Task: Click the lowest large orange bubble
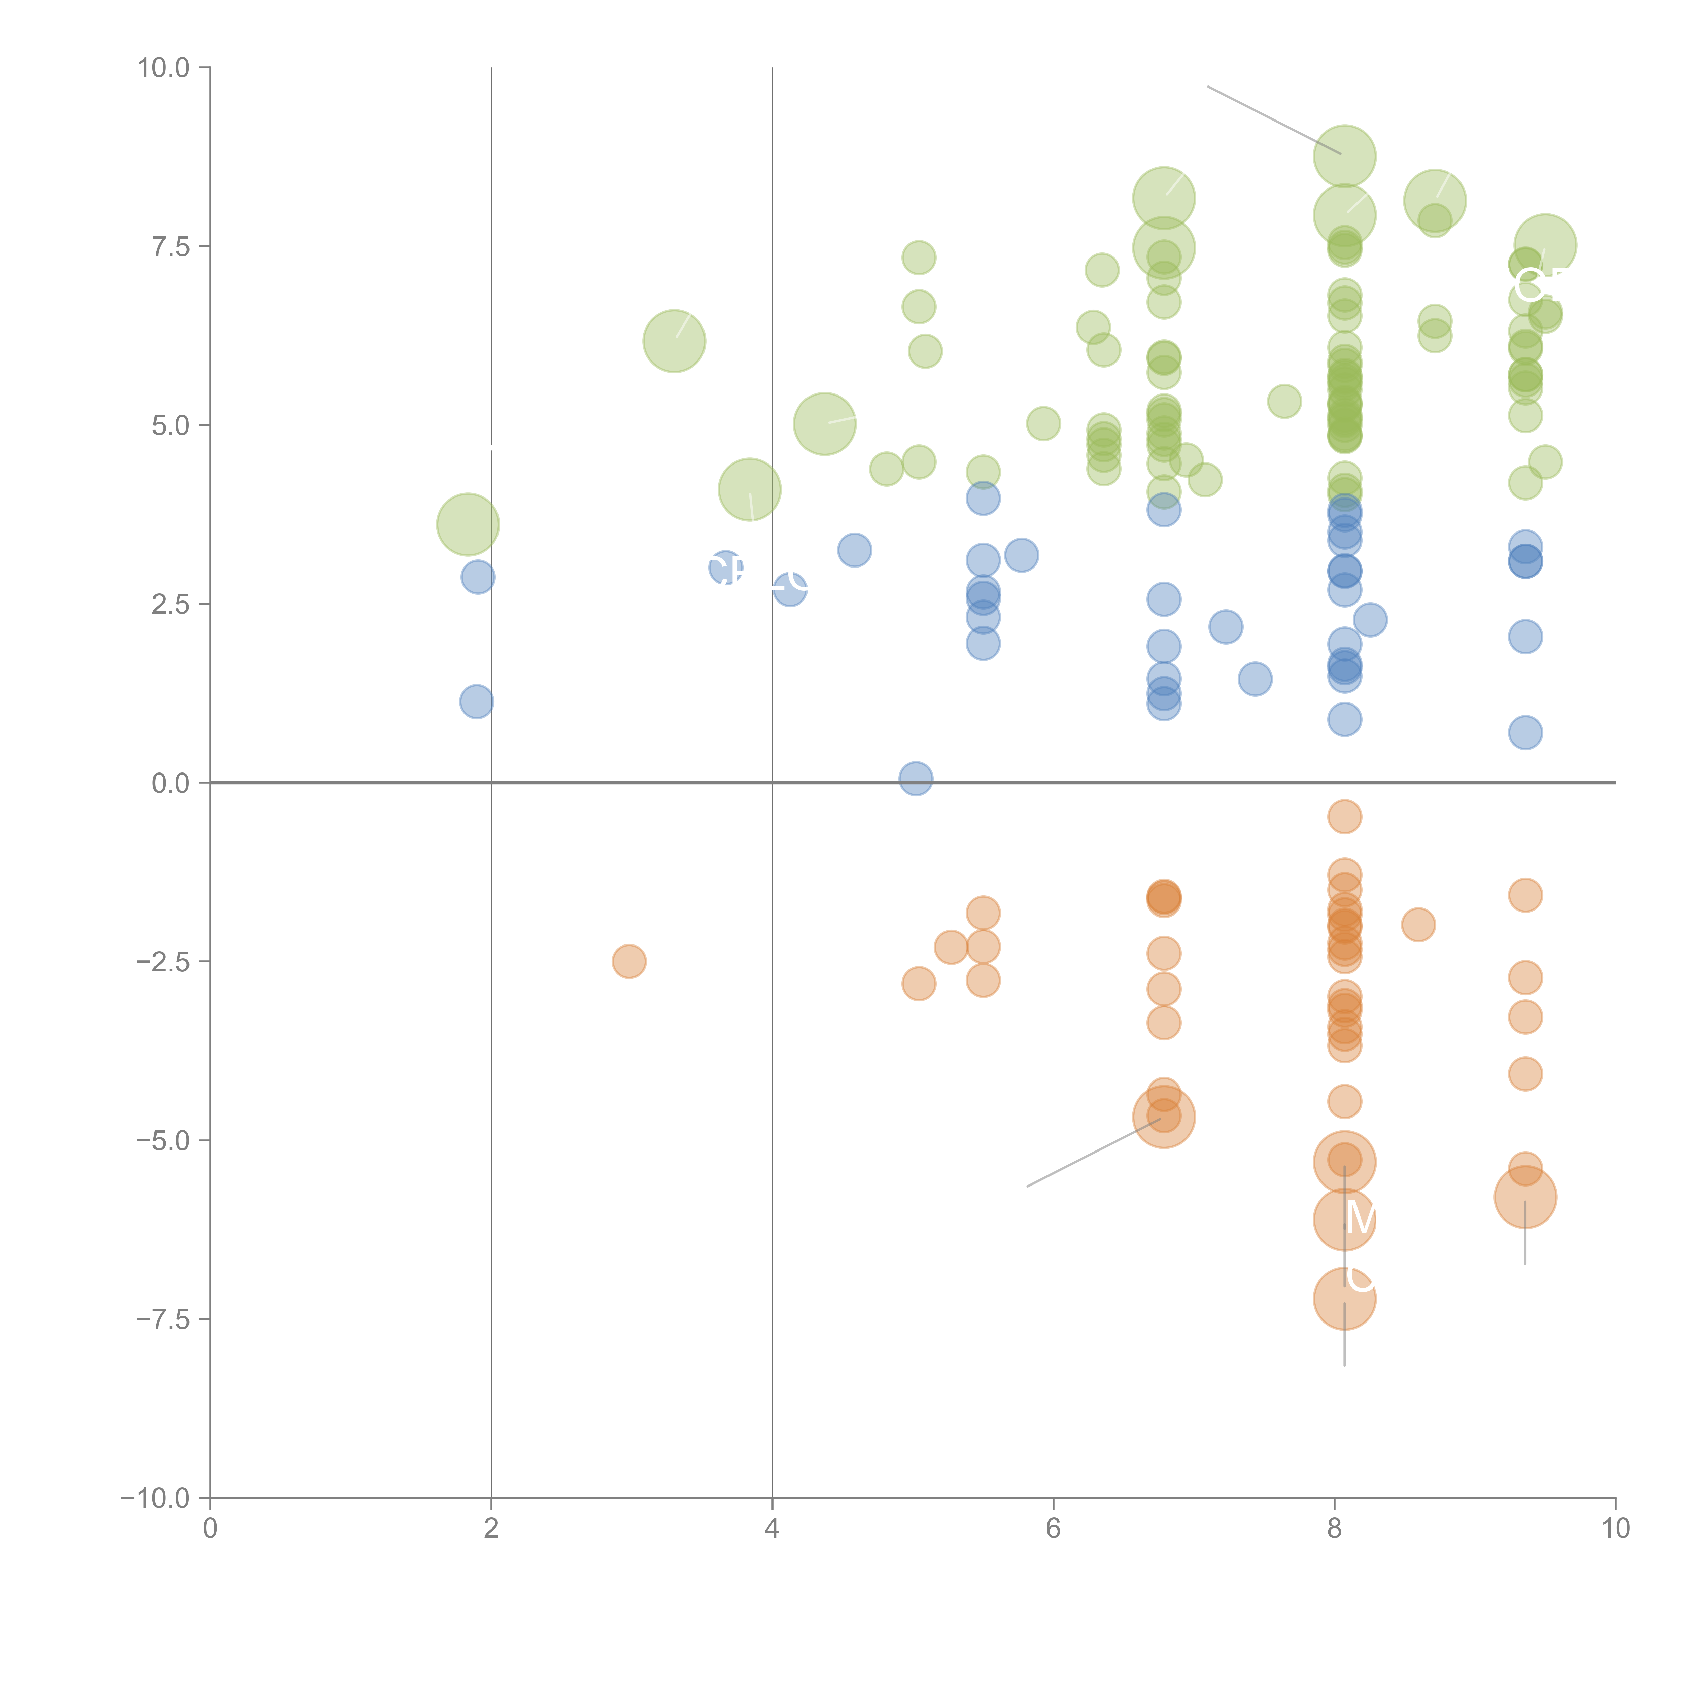[x=1344, y=1299]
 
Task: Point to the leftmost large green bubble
[x=468, y=524]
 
